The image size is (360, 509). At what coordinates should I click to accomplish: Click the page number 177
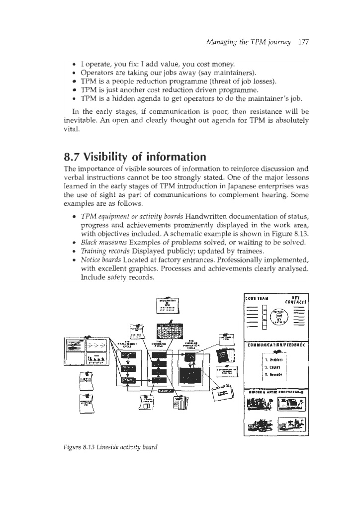click(303, 43)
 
